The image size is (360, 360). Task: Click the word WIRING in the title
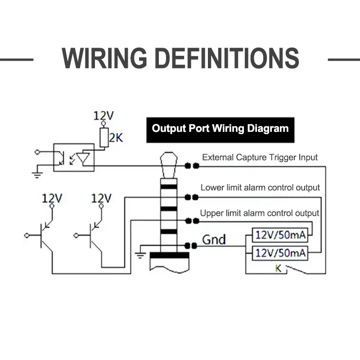[x=104, y=58]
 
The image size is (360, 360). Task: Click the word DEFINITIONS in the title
[x=227, y=58]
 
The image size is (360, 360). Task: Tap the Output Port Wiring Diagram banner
[x=220, y=130]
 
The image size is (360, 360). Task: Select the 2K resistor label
[x=116, y=138]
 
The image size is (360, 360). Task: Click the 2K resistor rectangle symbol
[x=104, y=138]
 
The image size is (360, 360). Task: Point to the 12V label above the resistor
[x=103, y=116]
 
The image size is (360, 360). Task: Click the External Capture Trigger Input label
[x=260, y=157]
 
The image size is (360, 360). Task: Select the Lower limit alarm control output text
[x=260, y=188]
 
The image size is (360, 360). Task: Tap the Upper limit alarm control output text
[x=260, y=213]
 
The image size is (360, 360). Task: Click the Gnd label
[x=214, y=239]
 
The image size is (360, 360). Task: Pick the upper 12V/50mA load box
[x=280, y=235]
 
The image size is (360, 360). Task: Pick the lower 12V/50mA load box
[x=280, y=253]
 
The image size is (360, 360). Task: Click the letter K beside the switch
[x=278, y=268]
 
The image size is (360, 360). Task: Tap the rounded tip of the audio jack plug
[x=169, y=158]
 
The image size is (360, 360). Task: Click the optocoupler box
[x=74, y=157]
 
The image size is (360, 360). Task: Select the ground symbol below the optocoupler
[x=37, y=175]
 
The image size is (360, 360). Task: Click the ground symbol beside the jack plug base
[x=140, y=255]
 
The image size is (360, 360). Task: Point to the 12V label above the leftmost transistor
[x=52, y=198]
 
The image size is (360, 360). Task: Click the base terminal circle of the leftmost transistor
[x=27, y=235]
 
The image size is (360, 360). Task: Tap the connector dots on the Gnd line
[x=191, y=246]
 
